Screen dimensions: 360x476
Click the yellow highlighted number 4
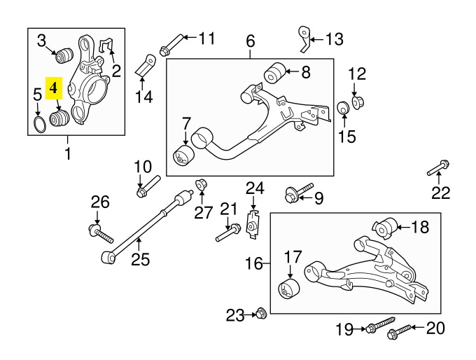(55, 89)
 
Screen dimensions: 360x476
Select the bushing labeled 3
(68, 53)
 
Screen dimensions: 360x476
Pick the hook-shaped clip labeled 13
(303, 39)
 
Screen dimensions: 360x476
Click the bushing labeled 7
(185, 156)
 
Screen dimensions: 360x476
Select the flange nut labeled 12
(356, 103)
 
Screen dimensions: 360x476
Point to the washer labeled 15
(344, 109)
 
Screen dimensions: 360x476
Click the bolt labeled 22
(437, 168)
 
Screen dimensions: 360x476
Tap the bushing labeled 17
(288, 288)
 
